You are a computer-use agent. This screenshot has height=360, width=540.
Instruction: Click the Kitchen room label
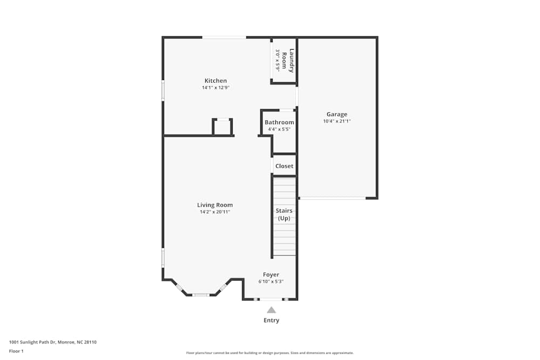point(215,81)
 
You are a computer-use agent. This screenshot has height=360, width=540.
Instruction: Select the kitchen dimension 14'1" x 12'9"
point(215,87)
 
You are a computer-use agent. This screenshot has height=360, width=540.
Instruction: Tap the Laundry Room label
point(288,60)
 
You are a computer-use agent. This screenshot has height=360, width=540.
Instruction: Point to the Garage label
point(336,114)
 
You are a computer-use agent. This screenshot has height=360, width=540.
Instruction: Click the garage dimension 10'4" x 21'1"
point(336,121)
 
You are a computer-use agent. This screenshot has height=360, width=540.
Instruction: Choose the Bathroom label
point(279,123)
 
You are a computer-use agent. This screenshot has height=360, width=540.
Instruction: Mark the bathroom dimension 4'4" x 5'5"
point(279,130)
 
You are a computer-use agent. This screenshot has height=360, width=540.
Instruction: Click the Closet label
point(284,166)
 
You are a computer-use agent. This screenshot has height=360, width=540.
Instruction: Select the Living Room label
point(215,205)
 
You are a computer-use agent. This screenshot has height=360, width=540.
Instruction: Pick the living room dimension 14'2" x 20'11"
point(215,212)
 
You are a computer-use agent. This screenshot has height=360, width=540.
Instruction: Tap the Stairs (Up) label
point(284,214)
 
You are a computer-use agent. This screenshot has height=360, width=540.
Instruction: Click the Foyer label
point(271,275)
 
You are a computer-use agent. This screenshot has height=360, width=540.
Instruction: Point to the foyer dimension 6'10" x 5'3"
point(271,282)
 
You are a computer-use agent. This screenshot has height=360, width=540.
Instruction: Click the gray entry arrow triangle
point(271,310)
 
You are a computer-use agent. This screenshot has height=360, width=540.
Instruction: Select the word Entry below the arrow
point(271,320)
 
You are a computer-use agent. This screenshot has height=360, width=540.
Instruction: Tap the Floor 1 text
point(16,351)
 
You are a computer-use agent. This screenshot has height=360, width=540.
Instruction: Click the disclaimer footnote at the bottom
point(270,353)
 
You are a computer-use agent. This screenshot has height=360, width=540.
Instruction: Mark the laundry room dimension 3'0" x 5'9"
point(278,60)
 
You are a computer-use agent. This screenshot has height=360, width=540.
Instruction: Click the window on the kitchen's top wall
point(224,37)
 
